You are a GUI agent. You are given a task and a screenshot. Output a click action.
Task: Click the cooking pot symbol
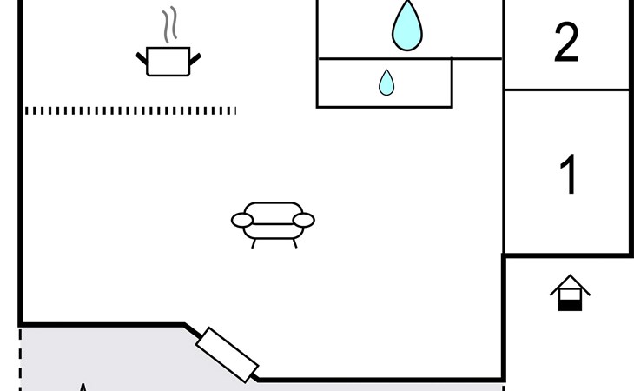[x=168, y=61]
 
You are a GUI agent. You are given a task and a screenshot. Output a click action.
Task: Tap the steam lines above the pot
[x=169, y=25]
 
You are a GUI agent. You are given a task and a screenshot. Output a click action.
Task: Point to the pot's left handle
[x=142, y=58]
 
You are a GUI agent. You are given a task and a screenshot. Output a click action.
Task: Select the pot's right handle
[x=195, y=58]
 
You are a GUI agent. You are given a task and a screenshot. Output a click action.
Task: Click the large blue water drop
[x=406, y=26]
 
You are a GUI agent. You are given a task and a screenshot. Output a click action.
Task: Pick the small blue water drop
[x=386, y=83]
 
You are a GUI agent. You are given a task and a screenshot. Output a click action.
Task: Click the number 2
[x=566, y=42]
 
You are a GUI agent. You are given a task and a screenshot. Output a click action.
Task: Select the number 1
[x=568, y=174]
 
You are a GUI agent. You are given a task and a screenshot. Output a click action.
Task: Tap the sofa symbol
[x=273, y=222]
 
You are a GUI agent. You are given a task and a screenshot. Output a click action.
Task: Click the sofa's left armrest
[x=242, y=221]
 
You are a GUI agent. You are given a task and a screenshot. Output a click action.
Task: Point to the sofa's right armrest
[x=303, y=221]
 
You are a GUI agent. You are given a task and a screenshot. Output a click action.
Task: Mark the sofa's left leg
[x=254, y=243]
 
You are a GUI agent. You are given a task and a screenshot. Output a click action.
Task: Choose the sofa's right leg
[x=294, y=243]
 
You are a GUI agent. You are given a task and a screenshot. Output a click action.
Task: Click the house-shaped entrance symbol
[x=570, y=294]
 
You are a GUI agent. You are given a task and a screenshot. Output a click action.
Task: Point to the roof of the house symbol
[x=570, y=282]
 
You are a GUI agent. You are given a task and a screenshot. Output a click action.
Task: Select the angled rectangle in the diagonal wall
[x=228, y=355]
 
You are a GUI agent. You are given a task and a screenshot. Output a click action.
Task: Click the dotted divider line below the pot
[x=130, y=110]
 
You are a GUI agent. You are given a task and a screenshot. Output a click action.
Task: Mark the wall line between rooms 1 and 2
[x=566, y=89]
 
